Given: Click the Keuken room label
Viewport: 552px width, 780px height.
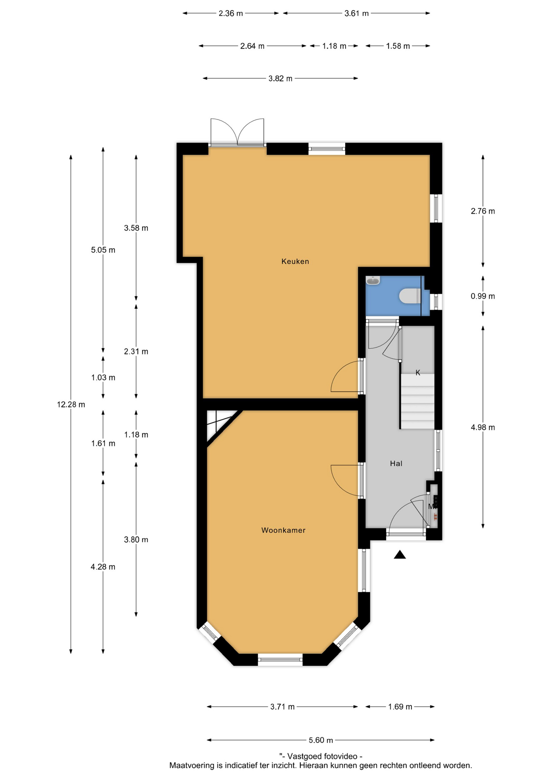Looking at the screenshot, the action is click(x=295, y=261).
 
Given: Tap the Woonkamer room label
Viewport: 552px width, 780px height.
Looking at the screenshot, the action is click(x=283, y=530).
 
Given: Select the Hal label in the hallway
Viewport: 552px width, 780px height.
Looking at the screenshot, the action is click(x=396, y=464).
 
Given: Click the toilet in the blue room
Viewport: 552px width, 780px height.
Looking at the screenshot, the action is click(x=409, y=296).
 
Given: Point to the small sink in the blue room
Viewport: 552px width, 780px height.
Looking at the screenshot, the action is click(x=373, y=280).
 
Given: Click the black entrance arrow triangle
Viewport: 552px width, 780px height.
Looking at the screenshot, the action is click(x=400, y=555).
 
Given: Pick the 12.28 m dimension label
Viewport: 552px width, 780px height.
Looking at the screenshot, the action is click(x=71, y=405).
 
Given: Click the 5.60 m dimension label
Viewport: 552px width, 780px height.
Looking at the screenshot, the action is click(x=321, y=740).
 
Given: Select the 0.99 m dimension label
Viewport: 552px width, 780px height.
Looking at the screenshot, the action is click(x=483, y=296).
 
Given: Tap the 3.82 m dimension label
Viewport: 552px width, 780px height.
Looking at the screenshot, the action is click(x=280, y=78).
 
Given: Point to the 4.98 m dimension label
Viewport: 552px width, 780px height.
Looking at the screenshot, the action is click(x=483, y=427).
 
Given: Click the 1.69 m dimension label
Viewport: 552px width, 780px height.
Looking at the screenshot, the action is click(x=400, y=707).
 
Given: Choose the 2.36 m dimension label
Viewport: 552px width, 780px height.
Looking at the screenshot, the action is click(x=230, y=13).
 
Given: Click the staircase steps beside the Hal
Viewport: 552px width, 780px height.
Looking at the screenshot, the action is click(x=417, y=401).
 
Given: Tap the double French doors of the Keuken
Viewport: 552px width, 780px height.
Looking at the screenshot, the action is click(x=237, y=132).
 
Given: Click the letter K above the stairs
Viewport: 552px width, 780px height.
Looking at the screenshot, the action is click(x=418, y=373).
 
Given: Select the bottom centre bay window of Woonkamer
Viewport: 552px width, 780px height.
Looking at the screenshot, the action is click(x=280, y=659).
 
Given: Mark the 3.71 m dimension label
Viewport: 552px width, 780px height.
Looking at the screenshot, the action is click(x=283, y=707).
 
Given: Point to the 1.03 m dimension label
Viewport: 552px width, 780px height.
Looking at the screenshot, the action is click(x=103, y=377).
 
